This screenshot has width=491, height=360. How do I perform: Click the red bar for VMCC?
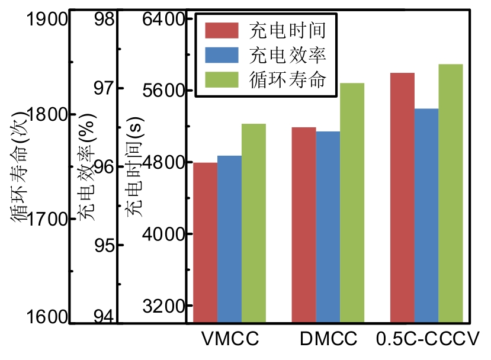coord(205,243)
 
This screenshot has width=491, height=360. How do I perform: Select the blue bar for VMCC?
coord(229,239)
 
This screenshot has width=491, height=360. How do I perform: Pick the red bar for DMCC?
coord(304,225)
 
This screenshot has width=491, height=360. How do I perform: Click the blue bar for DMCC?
coord(328,227)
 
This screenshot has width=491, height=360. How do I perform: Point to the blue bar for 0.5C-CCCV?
coord(426,216)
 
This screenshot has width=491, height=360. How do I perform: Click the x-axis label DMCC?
coord(329,340)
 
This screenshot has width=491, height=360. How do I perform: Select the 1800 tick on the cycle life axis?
coord(49,114)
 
